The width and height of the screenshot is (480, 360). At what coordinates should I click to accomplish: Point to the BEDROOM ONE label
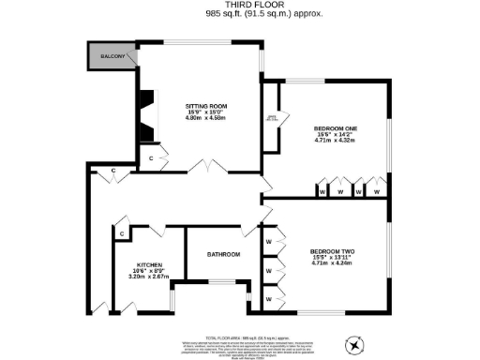point(335,128)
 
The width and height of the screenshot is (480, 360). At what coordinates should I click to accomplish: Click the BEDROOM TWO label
point(331,250)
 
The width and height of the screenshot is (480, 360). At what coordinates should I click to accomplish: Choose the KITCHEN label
point(150,265)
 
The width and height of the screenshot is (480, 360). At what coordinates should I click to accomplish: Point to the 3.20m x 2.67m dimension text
point(150,277)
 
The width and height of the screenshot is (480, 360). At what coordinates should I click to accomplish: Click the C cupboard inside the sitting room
point(152,158)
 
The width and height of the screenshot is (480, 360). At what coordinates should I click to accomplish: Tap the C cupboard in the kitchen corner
point(123,232)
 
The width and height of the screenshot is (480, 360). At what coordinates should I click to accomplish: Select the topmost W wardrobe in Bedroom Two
point(269,243)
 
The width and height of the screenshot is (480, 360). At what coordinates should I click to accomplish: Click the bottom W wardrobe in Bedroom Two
point(269,298)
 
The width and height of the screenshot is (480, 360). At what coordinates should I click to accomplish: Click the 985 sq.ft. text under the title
point(240,16)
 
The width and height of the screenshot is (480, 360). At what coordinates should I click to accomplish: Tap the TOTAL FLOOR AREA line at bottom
point(240,336)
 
